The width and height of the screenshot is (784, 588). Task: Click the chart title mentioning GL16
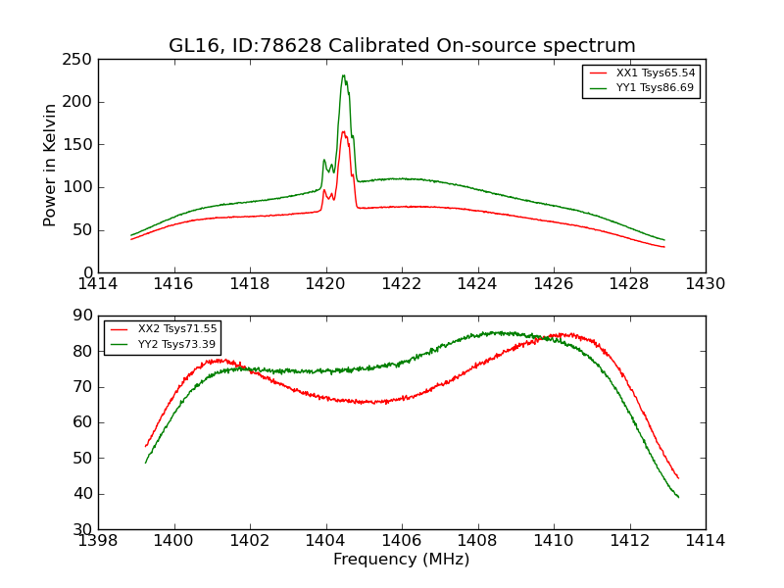[402, 46]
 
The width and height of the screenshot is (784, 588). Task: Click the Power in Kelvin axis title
[50, 166]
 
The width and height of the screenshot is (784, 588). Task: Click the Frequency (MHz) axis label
[402, 560]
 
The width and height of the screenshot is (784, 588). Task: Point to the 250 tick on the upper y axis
[80, 60]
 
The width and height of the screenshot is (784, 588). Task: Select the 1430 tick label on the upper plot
[705, 284]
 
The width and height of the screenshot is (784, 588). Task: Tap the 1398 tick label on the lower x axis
[98, 540]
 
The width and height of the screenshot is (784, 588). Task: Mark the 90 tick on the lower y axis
[85, 316]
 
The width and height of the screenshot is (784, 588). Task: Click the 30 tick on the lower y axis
[85, 529]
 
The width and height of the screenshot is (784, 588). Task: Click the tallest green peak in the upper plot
[343, 75]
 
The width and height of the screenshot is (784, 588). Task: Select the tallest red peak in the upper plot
[343, 131]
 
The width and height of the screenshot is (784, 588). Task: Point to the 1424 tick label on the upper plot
[478, 284]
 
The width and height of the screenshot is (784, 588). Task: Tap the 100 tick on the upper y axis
[80, 187]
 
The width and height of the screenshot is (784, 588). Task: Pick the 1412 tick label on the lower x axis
[629, 540]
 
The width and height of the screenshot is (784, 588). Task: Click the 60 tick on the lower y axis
[85, 422]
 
